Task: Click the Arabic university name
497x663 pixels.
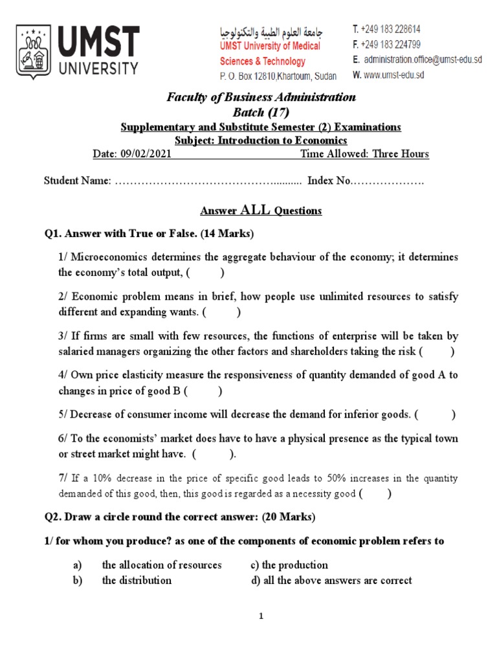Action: coord(271,32)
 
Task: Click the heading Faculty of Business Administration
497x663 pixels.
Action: coord(261,97)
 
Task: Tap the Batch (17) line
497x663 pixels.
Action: coord(261,112)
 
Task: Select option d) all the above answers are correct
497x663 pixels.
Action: coord(331,580)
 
